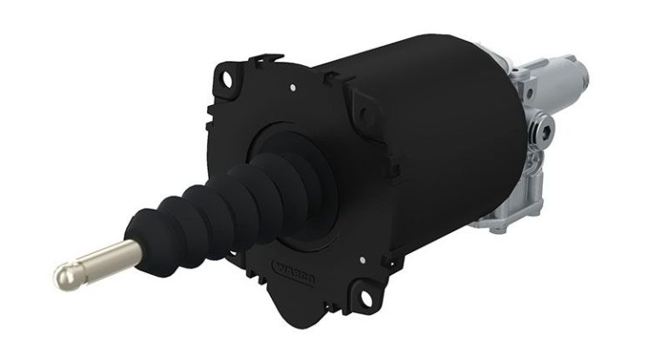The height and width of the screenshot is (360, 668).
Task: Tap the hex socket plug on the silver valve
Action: point(545,131)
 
